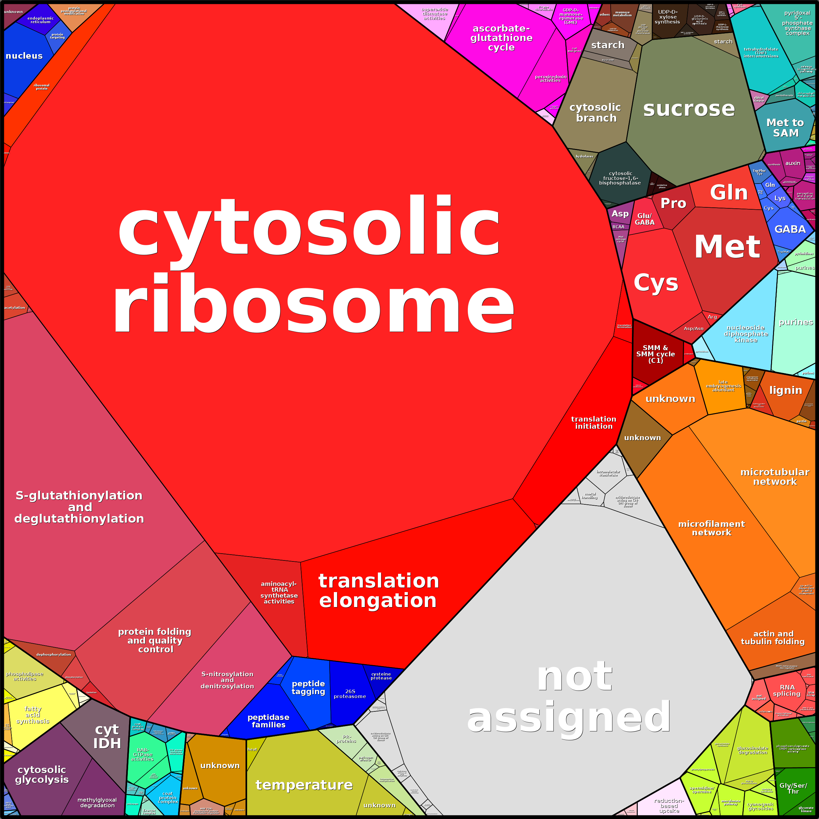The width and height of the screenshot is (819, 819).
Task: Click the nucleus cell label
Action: point(24,56)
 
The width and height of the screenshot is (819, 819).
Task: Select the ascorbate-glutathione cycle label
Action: point(501,38)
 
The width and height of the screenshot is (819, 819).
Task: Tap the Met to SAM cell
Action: point(785,127)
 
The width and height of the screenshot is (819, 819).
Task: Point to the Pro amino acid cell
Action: point(673,203)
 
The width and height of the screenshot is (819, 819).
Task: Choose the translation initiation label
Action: point(593,423)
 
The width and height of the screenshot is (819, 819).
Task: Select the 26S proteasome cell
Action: point(350,693)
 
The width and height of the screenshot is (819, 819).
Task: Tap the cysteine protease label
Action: point(381,676)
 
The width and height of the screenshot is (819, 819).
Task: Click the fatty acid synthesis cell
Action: point(33,715)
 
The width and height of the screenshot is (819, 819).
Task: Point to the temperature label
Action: point(304,785)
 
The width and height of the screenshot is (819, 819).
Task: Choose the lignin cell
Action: point(785,390)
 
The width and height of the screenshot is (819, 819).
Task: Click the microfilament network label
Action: point(711,528)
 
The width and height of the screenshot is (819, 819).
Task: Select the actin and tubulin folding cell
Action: point(772,638)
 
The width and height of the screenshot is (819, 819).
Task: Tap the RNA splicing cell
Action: point(787,690)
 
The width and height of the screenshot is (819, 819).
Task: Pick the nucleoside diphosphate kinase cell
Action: point(746,334)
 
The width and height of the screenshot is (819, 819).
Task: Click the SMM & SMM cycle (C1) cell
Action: point(655,354)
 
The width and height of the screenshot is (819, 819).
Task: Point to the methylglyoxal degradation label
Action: point(97,802)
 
